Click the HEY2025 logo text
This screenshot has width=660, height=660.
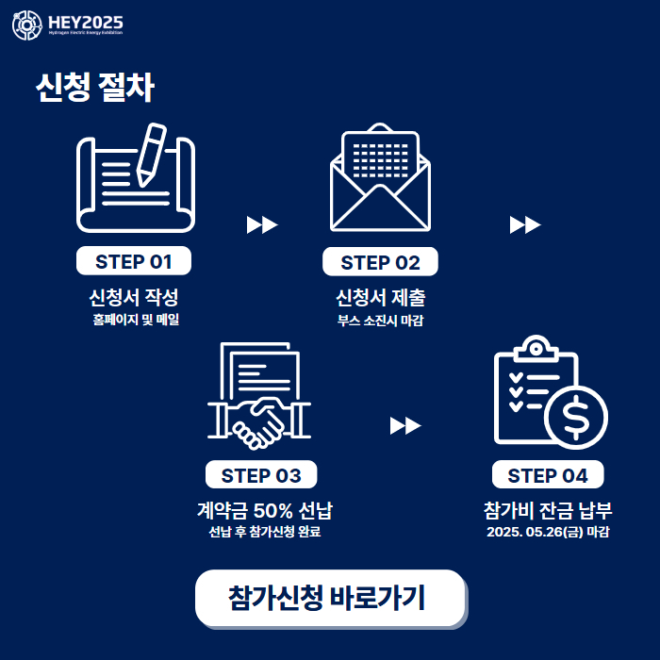coord(85,22)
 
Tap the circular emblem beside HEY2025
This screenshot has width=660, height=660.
coord(26,25)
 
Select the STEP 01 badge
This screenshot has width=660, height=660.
coord(134,260)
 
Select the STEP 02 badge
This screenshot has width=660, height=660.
coord(380,262)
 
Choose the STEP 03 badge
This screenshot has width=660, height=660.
coord(261,475)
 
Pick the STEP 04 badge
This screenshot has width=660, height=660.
coord(547,475)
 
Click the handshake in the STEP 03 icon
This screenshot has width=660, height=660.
coord(258,421)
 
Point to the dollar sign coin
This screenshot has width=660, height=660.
coord(575,416)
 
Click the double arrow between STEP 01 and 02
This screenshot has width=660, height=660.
coord(261,224)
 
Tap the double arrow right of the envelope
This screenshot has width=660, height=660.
coord(524,224)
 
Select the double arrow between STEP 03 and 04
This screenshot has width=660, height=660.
coord(404,426)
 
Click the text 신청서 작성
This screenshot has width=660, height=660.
coord(134,298)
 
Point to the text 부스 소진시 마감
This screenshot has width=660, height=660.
coord(380,321)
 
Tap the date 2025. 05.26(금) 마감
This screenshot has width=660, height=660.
coord(548,532)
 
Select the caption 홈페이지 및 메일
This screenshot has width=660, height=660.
coord(135,320)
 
